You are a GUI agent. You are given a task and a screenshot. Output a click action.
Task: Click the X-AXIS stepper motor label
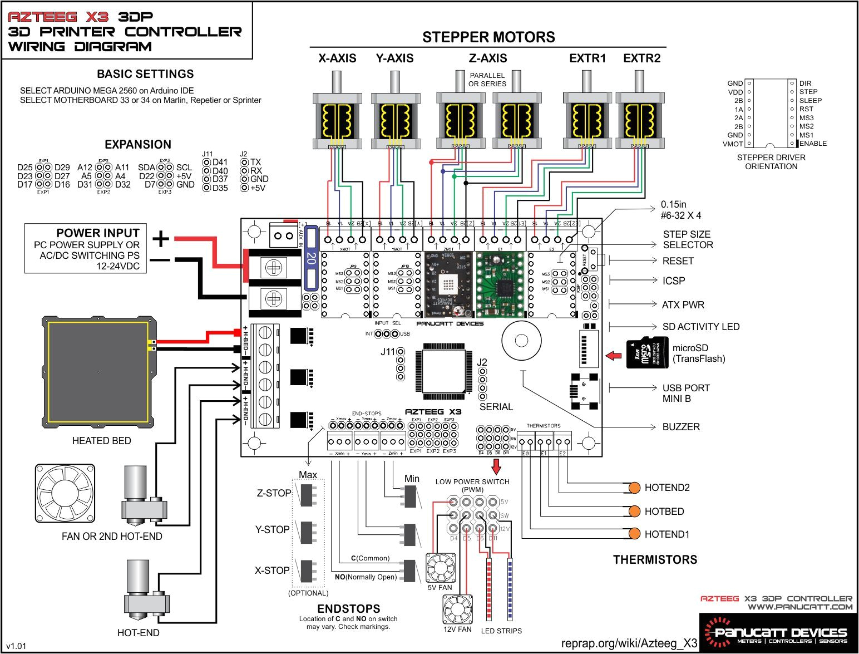[337, 58]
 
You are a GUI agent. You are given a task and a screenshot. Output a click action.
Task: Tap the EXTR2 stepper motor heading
[641, 58]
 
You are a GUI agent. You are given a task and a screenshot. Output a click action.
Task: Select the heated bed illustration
[99, 372]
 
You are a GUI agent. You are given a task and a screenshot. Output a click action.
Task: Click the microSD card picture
[647, 352]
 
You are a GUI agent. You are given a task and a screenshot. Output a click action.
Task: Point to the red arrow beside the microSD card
[614, 355]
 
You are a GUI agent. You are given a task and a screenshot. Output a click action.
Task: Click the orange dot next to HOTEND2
[634, 488]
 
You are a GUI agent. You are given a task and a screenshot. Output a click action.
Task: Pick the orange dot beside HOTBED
[634, 511]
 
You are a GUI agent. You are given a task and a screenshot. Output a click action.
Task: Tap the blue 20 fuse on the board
[311, 258]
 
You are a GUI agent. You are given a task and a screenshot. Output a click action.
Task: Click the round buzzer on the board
[521, 341]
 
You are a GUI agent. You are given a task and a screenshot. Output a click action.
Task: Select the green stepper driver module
[500, 284]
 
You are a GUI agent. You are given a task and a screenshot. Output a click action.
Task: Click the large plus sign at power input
[160, 239]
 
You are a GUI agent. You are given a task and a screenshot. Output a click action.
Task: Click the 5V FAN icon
[440, 568]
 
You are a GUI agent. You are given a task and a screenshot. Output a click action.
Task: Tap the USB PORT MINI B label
[685, 393]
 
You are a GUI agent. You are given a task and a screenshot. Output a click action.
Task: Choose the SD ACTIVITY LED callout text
[700, 327]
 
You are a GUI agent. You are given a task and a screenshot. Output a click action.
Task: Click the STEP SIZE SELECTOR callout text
[687, 239]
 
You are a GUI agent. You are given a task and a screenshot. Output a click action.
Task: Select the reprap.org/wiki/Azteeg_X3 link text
[629, 643]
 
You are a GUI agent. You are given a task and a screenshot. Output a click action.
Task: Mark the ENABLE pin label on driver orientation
[813, 144]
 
